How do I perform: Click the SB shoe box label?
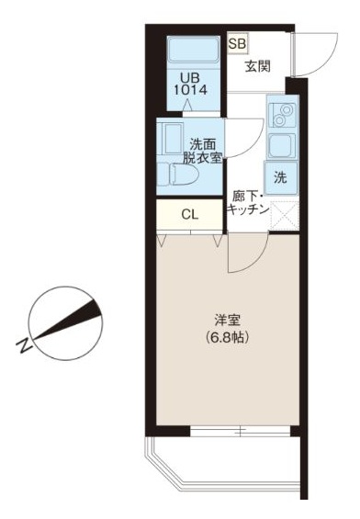click(238, 44)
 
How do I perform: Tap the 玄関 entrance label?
click(258, 67)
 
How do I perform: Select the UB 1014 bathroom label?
click(190, 84)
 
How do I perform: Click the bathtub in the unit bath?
click(194, 49)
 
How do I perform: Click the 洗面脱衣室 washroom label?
click(203, 152)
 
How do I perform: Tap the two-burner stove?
click(282, 115)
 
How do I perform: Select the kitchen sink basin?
click(282, 146)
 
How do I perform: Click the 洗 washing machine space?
click(281, 177)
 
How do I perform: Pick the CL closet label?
click(190, 215)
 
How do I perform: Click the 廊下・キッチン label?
click(248, 204)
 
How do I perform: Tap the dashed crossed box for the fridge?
click(285, 216)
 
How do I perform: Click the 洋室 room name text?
click(227, 320)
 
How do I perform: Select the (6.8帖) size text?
click(227, 337)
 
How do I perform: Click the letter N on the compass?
click(24, 345)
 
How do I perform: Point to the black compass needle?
click(68, 320)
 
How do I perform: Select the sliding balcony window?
click(241, 431)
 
